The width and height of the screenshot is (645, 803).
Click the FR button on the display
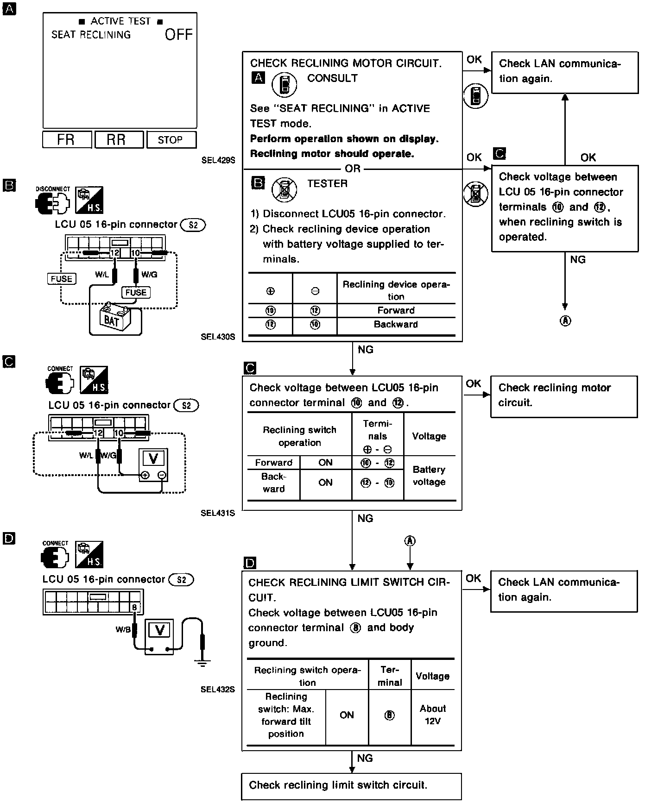[x=67, y=139]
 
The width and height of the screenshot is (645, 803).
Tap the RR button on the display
[x=119, y=139]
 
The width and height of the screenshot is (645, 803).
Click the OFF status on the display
[x=178, y=35]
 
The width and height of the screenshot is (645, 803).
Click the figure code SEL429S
[x=218, y=160]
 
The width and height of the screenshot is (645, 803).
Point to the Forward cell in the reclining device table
[x=396, y=310]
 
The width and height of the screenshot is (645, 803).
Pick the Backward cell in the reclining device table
[x=396, y=324]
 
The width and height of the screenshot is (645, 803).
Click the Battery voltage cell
[x=429, y=476]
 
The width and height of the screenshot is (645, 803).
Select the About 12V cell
[x=432, y=715]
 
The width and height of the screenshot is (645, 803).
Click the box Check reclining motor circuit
[x=563, y=395]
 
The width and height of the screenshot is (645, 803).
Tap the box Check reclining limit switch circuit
[x=351, y=785]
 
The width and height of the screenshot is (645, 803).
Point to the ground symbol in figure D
[x=202, y=663]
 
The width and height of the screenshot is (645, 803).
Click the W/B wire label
[x=123, y=629]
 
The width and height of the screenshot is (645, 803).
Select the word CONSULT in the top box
[x=332, y=78]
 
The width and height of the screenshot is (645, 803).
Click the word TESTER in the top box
[x=327, y=183]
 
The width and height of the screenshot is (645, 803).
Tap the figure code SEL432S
[x=218, y=689]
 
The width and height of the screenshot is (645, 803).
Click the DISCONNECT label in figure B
[x=53, y=189]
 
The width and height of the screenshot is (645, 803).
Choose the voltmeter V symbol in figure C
[x=153, y=458]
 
